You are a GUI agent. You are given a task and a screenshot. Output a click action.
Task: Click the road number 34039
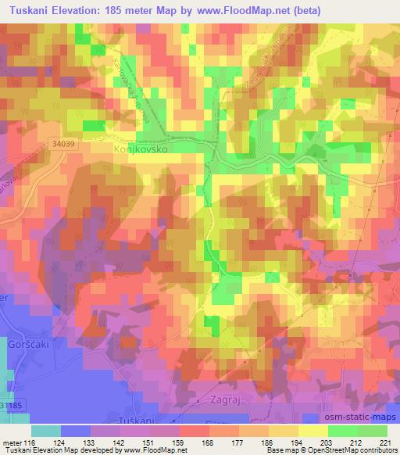tap(68, 142)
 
